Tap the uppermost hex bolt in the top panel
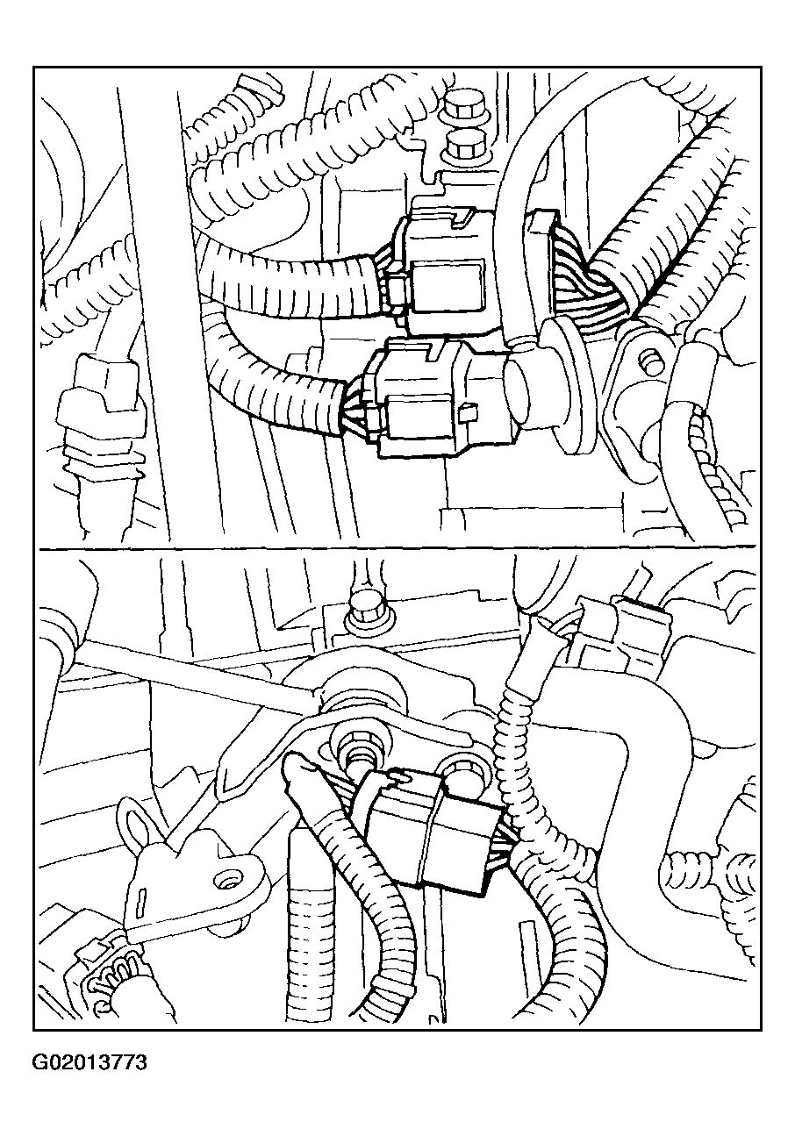[460, 106]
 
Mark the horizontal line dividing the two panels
[397, 549]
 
